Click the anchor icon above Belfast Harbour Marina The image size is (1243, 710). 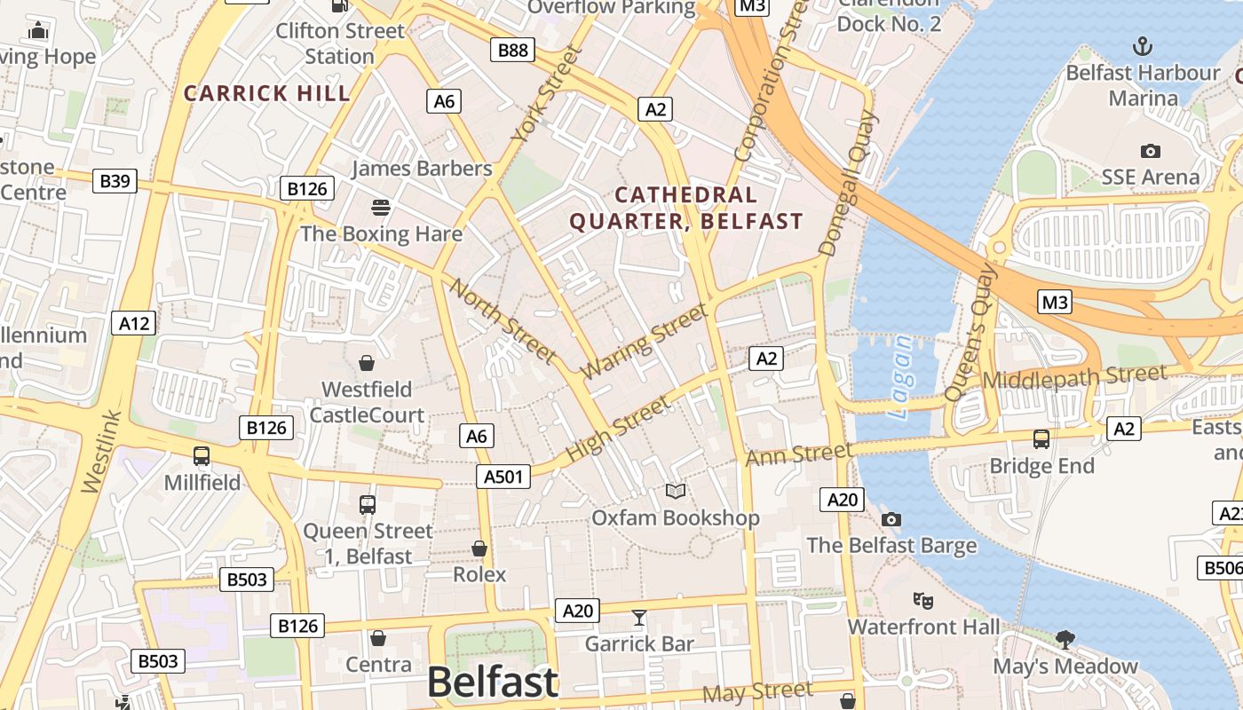coord(1144,46)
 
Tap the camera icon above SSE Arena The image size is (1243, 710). coord(1151,151)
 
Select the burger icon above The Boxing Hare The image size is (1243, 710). coord(381,208)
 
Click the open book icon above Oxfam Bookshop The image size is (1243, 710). coord(676,491)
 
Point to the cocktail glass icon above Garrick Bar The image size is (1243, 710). coord(638,618)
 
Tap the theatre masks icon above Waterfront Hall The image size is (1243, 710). coord(923,601)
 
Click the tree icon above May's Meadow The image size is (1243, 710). coord(1065,639)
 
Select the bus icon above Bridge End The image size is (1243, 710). coord(1041,438)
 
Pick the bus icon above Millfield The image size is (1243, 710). coord(202,456)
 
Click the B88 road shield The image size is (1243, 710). coord(513,50)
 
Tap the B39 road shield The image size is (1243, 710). coord(115,181)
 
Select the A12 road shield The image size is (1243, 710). coord(135,323)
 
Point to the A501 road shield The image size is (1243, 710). coord(503,477)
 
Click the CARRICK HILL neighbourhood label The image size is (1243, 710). coord(267,93)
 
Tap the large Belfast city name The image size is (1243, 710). coord(493,682)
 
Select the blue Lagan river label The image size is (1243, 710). coord(900,376)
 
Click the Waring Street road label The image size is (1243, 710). coord(645,341)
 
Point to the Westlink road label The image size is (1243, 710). coord(100,451)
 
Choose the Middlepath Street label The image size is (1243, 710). coord(1074,377)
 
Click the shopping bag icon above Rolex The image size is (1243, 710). coord(479,548)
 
